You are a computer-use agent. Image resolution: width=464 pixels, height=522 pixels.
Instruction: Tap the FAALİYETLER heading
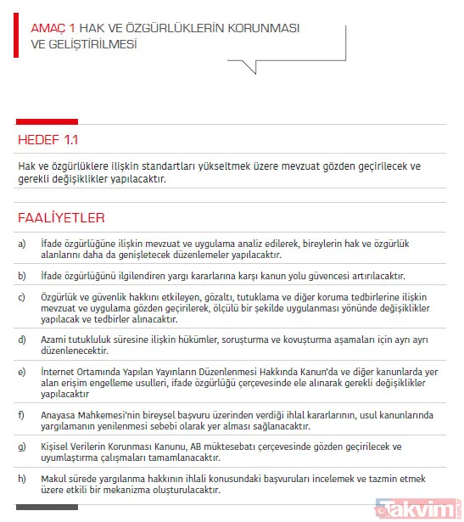tap(61, 218)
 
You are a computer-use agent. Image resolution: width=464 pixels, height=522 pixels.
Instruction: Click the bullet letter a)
tap(22, 244)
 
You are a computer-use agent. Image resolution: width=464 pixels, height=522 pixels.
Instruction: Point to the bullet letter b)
tap(22, 276)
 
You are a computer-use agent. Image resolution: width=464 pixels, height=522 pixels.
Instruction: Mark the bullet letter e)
tap(22, 372)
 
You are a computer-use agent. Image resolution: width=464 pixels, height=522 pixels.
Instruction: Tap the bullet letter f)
tap(22, 414)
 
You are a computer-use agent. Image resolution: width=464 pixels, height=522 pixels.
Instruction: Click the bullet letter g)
tap(22, 446)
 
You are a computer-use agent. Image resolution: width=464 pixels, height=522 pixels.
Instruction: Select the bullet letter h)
tap(22, 478)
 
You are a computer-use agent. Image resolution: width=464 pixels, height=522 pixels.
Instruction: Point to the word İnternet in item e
tap(59, 372)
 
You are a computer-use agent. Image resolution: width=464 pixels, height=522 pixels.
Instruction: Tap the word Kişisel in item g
tap(55, 446)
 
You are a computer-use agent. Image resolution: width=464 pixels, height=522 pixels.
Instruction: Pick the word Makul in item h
tap(54, 478)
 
